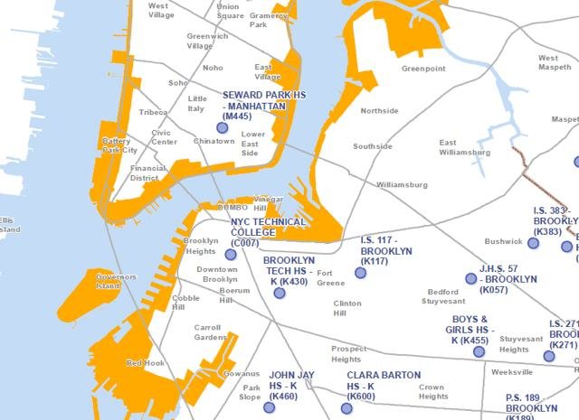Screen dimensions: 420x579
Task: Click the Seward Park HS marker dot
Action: click(222, 127)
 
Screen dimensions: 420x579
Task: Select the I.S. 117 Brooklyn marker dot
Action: click(360, 272)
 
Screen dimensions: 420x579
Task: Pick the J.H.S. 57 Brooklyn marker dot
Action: click(470, 278)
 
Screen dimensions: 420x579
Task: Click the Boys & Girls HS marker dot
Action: click(479, 351)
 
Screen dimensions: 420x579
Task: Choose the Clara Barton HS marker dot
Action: click(346, 408)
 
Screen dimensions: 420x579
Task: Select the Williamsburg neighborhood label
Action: click(402, 184)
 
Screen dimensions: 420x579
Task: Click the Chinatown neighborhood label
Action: click(214, 142)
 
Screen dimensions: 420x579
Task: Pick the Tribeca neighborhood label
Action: click(154, 112)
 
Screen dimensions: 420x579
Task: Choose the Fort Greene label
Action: click(331, 278)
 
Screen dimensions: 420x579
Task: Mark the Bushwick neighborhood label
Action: click(504, 242)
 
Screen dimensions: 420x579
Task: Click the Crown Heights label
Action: click(433, 391)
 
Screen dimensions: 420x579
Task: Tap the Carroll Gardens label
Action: click(211, 331)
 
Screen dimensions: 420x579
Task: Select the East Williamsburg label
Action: click(465, 147)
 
